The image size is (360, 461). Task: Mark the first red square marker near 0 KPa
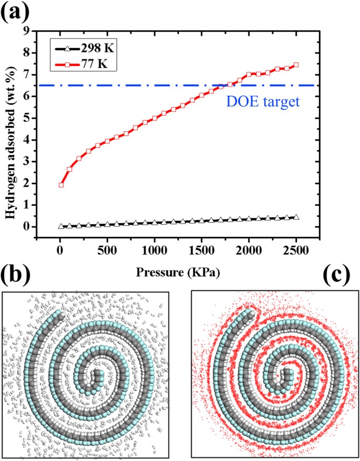[61, 185]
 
